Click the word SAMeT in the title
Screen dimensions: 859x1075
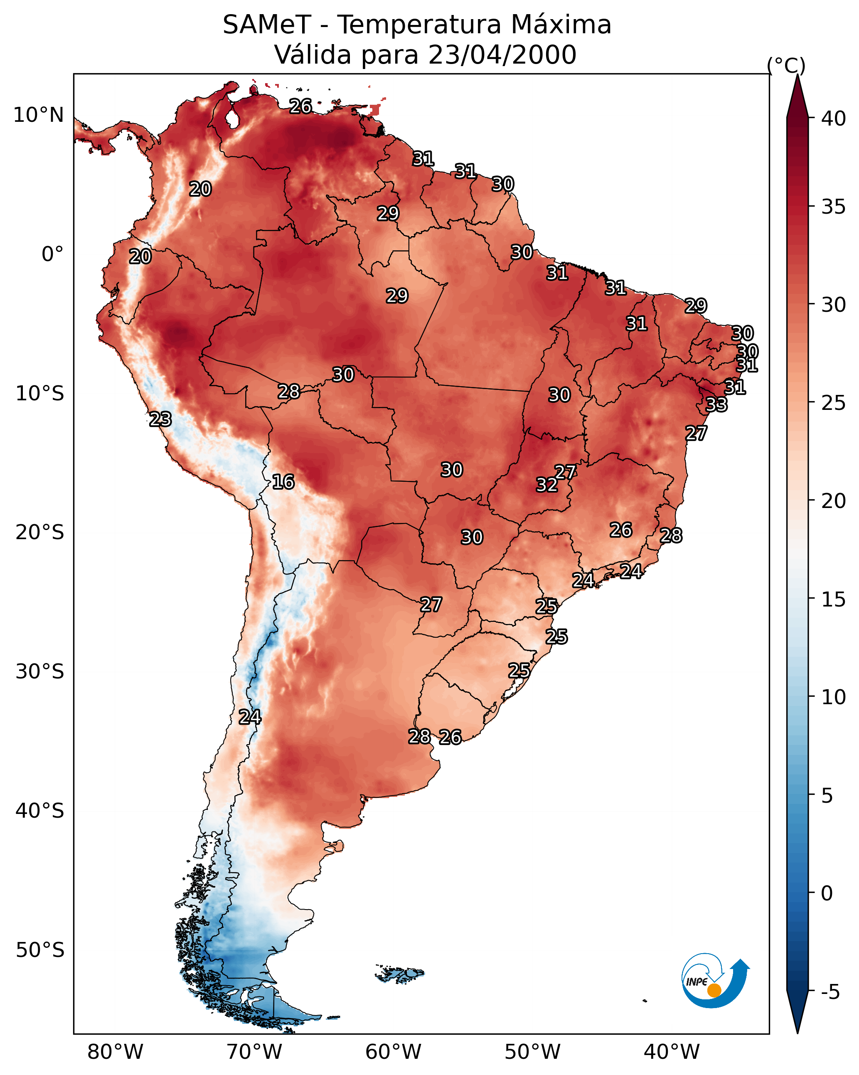point(267,25)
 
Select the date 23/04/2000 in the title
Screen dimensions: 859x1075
point(502,54)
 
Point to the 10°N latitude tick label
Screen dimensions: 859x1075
point(38,115)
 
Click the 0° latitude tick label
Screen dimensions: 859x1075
point(52,254)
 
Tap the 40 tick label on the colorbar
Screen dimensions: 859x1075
point(834,118)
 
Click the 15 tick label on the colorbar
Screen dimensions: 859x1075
point(834,599)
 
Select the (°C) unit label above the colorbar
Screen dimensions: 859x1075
point(786,65)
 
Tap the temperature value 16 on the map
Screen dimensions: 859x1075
point(283,482)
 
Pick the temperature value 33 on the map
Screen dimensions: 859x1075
point(716,404)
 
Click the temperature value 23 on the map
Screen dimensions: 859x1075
point(160,419)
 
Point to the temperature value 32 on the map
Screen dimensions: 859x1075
point(547,485)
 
